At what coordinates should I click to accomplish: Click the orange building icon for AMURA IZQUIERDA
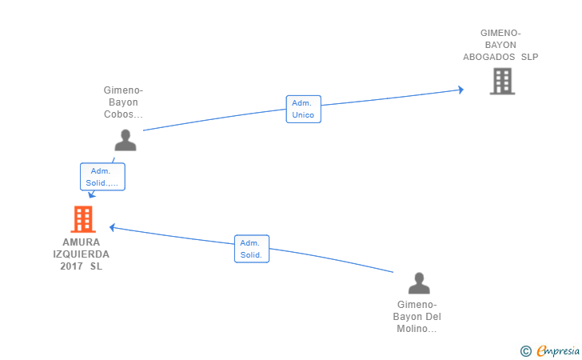coord(83,219)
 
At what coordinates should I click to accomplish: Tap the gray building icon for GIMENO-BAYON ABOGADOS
coord(502,81)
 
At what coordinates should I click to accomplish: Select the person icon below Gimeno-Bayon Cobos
coord(126,140)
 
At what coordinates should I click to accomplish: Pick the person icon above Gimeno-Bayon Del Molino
coord(419,283)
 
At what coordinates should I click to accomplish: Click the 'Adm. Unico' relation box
coord(303,109)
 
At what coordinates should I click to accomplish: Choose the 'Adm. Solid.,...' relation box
coord(102,177)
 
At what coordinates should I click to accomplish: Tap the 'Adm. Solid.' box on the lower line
coord(252,249)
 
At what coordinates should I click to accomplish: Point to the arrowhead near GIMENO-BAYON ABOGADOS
coord(461,90)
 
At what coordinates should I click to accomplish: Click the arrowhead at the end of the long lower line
coord(112,227)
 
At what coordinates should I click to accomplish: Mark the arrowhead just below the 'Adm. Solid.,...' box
coord(91,194)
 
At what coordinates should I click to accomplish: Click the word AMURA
coord(82,242)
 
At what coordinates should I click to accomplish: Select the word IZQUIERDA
coord(82,254)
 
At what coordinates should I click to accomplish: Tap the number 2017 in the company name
coord(71,266)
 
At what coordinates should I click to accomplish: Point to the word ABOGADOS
coord(488,57)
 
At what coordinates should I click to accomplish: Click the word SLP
coord(530,57)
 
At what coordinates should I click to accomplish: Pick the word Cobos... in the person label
coord(123,114)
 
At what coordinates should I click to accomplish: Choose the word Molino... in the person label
coord(417,329)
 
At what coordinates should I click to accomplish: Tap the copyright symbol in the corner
coord(526,351)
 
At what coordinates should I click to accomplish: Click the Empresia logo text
coord(558,350)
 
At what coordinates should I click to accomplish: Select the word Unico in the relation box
coord(303,114)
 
